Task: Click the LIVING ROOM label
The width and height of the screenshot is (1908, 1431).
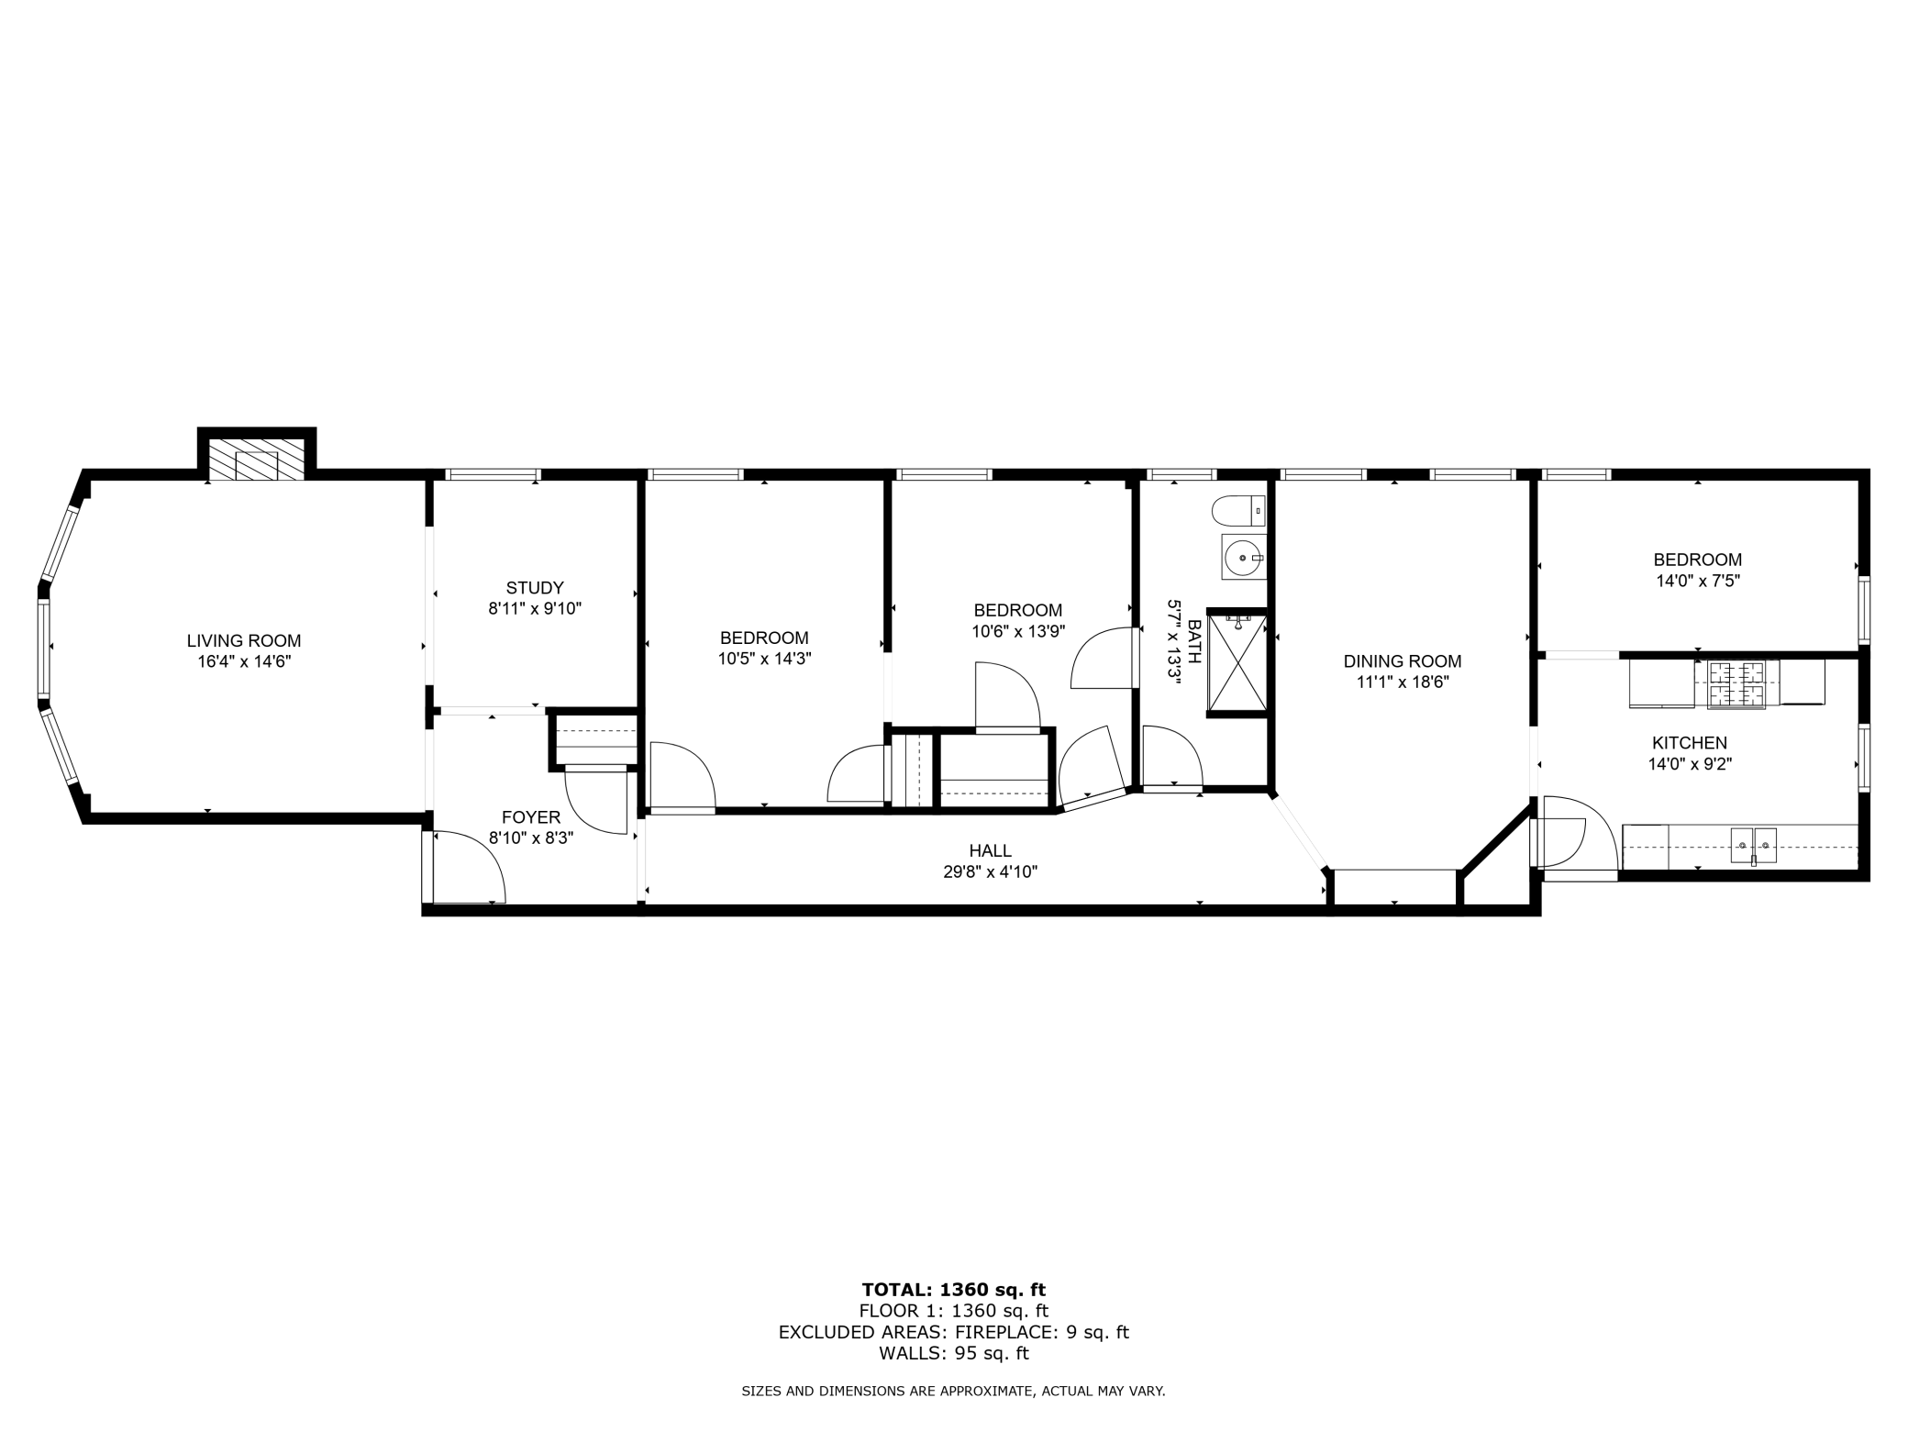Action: pyautogui.click(x=244, y=641)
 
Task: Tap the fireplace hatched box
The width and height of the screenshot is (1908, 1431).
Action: pyautogui.click(x=256, y=459)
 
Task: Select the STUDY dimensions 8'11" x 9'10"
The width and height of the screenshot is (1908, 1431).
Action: pyautogui.click(x=535, y=608)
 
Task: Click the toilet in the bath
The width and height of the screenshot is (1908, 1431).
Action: pyautogui.click(x=1238, y=510)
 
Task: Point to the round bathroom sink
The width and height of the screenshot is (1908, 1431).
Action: pyautogui.click(x=1243, y=557)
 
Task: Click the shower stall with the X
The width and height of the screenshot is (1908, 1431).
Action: pyautogui.click(x=1237, y=663)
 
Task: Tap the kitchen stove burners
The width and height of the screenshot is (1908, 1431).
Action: pyautogui.click(x=1736, y=684)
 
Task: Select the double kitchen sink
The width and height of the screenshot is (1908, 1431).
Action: pyautogui.click(x=1753, y=844)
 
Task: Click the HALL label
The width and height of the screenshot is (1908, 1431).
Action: pyautogui.click(x=990, y=851)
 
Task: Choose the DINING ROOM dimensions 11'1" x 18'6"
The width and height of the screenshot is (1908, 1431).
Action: pyautogui.click(x=1403, y=682)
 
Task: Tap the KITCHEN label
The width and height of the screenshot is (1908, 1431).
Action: pyautogui.click(x=1690, y=743)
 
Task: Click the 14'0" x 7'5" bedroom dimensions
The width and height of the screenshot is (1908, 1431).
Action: pyautogui.click(x=1698, y=581)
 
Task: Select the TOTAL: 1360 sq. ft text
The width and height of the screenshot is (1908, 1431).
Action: pyautogui.click(x=953, y=1290)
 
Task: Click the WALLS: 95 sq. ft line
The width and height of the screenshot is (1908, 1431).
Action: pyautogui.click(x=953, y=1353)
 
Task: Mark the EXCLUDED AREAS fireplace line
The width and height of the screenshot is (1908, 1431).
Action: pyautogui.click(x=953, y=1332)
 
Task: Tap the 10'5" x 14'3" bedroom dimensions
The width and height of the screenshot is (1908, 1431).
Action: pyautogui.click(x=764, y=659)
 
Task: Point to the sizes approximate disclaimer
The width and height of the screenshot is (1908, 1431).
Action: pyautogui.click(x=953, y=1391)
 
